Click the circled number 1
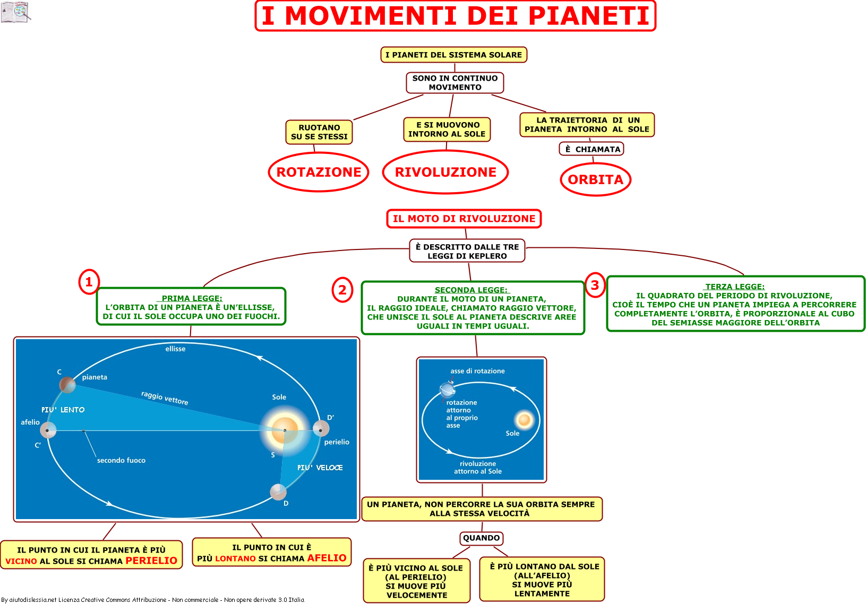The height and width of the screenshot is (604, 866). coord(89,282)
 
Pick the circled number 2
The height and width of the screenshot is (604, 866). coord(342,290)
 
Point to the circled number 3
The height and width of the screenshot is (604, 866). coord(595,285)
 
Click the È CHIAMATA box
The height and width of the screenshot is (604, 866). coord(591,149)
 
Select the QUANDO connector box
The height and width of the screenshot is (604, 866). coord(482,538)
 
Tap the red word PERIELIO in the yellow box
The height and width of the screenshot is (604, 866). coord(151,560)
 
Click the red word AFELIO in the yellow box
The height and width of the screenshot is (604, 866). coord(327,558)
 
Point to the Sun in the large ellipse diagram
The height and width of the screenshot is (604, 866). coord(285,430)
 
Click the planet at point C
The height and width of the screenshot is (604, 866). coord(67,384)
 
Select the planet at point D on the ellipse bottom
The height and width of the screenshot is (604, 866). coord(278,492)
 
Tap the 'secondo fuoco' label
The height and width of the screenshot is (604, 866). coord(121,460)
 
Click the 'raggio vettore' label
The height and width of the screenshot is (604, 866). coord(165,398)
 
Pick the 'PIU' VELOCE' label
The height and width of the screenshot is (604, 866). coord(320,468)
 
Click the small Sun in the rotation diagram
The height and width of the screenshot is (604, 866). coord(524,420)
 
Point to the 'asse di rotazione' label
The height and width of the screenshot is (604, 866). coord(477,371)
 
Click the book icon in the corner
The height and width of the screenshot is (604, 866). coord(15,12)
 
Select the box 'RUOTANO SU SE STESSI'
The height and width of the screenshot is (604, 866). coord(319,132)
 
